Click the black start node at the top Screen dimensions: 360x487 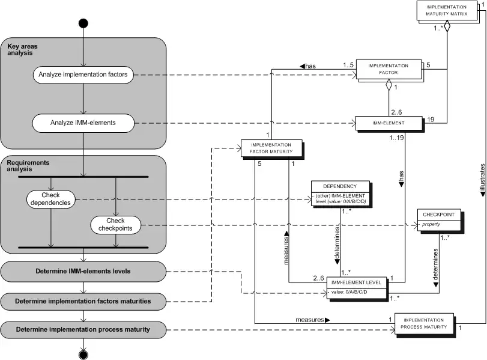(x=83, y=23)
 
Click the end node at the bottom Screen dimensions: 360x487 (x=83, y=353)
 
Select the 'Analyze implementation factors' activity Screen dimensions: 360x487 (x=83, y=75)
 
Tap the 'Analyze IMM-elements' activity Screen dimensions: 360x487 (x=83, y=124)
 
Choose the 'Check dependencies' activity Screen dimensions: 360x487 (x=51, y=199)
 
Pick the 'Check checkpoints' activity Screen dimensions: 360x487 (x=115, y=225)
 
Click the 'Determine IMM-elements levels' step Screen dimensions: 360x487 (x=82, y=272)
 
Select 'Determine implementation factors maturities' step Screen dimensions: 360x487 (x=82, y=301)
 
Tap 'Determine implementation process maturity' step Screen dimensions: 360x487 (x=82, y=329)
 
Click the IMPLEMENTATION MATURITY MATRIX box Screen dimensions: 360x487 (x=447, y=10)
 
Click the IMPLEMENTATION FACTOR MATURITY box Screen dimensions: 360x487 (x=271, y=148)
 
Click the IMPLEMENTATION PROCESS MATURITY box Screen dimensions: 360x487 (x=423, y=323)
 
